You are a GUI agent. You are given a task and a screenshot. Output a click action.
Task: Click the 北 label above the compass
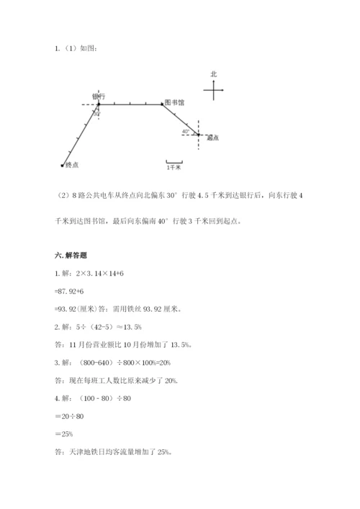click(213, 74)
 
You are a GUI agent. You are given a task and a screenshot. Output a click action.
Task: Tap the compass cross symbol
click(214, 90)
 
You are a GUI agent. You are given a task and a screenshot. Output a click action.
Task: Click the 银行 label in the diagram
click(99, 96)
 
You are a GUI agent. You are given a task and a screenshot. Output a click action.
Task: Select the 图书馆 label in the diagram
click(174, 103)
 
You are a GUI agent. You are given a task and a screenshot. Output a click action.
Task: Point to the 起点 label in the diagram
click(212, 138)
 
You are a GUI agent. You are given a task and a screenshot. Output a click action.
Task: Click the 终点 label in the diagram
click(72, 165)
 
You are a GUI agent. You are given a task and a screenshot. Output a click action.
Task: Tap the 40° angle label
click(186, 132)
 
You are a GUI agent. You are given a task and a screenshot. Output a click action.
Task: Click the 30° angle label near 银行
click(96, 114)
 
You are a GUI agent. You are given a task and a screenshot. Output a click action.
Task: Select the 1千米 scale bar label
click(174, 167)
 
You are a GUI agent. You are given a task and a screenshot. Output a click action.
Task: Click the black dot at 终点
click(63, 165)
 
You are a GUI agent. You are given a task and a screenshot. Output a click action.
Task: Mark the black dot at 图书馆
click(163, 104)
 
